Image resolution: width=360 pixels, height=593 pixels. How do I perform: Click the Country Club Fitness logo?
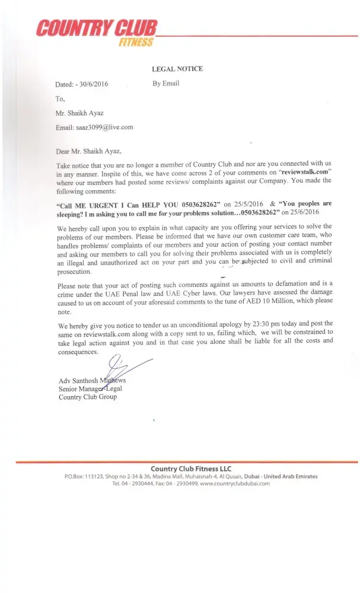pyautogui.click(x=96, y=31)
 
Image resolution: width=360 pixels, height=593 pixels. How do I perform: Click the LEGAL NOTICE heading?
pyautogui.click(x=177, y=69)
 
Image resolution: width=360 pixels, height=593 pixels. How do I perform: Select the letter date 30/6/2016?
pyautogui.click(x=94, y=85)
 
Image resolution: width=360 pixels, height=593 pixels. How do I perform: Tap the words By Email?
pyautogui.click(x=166, y=84)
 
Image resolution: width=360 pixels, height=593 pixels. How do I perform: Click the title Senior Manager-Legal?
pyautogui.click(x=90, y=388)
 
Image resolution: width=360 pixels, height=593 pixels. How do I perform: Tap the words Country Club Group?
pyautogui.click(x=88, y=397)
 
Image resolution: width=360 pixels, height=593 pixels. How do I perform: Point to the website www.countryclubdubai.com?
pyautogui.click(x=235, y=483)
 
